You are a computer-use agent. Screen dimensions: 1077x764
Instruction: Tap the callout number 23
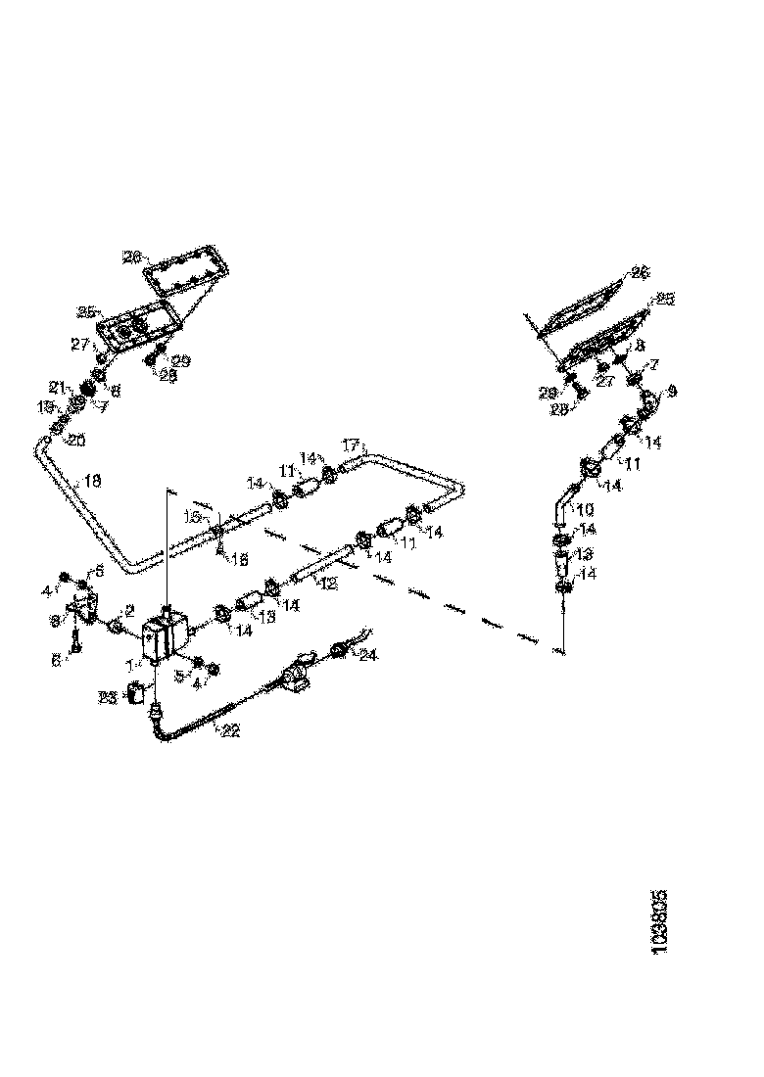108,697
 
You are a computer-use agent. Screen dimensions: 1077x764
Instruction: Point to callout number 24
368,655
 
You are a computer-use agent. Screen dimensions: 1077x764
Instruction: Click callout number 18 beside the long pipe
91,481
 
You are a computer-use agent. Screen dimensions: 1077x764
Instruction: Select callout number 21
59,386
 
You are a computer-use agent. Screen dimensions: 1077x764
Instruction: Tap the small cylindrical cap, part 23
140,697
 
